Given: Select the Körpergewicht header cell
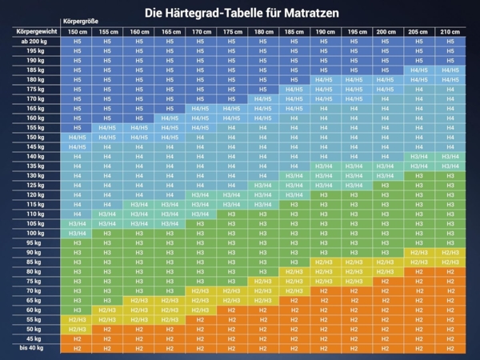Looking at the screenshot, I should [35, 31].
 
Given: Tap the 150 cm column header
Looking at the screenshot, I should [78, 31].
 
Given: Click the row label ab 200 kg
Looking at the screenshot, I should [35, 41].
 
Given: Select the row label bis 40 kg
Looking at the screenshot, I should [35, 348].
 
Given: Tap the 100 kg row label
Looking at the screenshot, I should [35, 233].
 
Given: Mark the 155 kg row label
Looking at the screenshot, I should [35, 127].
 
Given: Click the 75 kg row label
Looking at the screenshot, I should [35, 281].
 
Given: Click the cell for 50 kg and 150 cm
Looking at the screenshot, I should [78, 329].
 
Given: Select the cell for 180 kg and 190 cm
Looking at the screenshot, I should [324, 79].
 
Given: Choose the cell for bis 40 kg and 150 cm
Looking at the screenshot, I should [78, 348].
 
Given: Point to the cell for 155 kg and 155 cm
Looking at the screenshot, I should [108, 127].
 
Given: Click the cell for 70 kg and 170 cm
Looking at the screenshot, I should [200, 290].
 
